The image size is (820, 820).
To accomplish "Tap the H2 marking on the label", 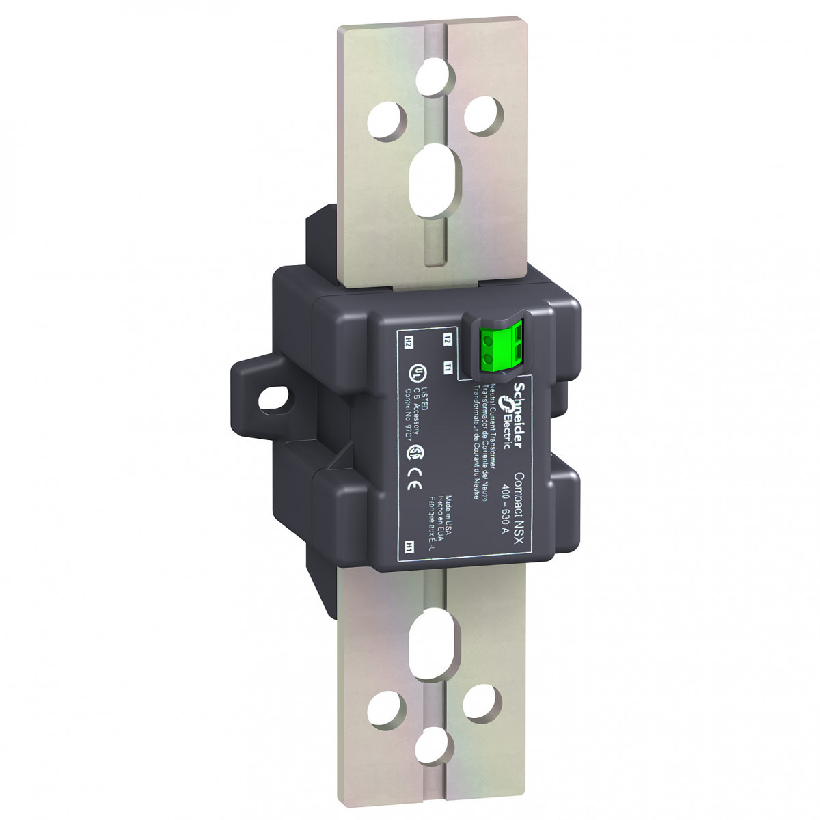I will point(409,340).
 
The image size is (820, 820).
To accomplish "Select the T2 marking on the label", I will point(447,338).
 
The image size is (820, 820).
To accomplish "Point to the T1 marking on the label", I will point(448,368).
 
